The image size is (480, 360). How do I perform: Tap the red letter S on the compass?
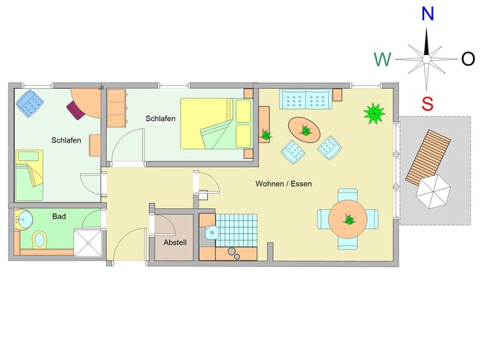(428, 104)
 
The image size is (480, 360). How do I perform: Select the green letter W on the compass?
(382, 59)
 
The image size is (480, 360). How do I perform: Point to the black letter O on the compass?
(468, 59)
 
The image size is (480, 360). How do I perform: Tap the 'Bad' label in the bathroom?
(59, 215)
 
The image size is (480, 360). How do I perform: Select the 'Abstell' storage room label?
(175, 243)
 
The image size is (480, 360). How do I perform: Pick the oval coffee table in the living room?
(306, 130)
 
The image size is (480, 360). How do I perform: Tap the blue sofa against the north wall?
(306, 99)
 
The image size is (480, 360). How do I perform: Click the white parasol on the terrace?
(434, 191)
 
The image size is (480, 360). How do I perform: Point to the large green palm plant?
(374, 112)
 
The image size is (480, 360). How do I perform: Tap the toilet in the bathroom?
(39, 238)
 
